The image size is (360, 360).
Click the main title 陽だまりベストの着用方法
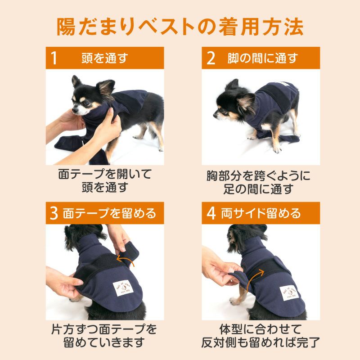pos(180,26)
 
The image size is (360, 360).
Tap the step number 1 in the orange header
pos(54,58)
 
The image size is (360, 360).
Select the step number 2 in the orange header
pos(211,58)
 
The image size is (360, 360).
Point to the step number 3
pos(54,213)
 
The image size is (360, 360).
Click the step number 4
pos(211,213)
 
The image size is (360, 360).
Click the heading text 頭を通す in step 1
pos(104,58)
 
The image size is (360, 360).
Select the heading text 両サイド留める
pos(261,212)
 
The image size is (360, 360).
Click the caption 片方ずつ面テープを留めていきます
pos(104,335)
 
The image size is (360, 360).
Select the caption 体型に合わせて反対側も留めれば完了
pos(261,335)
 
